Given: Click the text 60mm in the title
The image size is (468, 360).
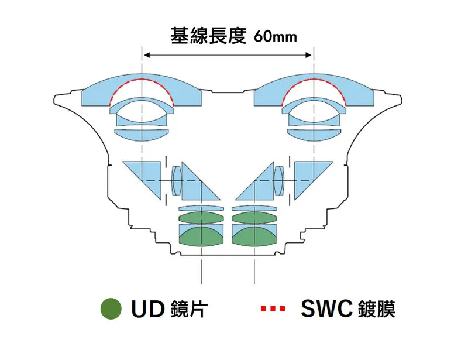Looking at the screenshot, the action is (276, 37).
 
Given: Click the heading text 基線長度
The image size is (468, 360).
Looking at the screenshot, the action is (208, 36).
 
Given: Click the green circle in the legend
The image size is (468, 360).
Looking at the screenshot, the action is (111, 308).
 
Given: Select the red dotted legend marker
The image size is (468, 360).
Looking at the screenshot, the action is (273, 308).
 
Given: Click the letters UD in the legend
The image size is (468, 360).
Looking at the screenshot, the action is (148, 308).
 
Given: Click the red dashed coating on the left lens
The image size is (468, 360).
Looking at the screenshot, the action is (142, 80).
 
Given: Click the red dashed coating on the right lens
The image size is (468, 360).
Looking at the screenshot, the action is (314, 80).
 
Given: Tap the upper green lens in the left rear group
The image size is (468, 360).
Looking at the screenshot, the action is (201, 218).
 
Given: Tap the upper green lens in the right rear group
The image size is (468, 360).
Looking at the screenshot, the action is (254, 218).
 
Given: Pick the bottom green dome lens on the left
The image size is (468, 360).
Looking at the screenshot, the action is (201, 238).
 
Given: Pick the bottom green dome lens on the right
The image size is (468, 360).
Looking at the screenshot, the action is (254, 238).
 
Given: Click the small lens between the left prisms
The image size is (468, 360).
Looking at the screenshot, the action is (177, 181).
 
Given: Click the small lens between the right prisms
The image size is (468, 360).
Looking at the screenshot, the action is (279, 181).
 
